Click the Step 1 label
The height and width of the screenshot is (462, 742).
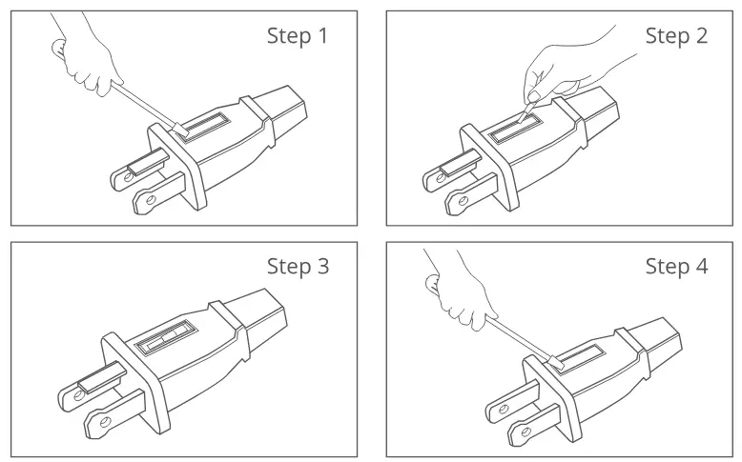297,37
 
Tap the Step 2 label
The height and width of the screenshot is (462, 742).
676,36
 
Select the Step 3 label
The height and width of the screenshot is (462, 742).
298,267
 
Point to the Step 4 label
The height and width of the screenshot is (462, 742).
676,267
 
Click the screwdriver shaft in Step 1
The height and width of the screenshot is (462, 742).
143,105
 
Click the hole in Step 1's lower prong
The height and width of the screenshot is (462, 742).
146,201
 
